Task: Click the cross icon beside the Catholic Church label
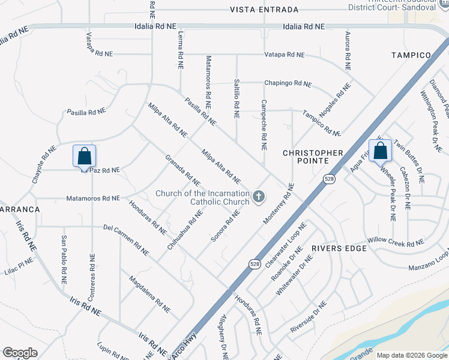click(259, 196)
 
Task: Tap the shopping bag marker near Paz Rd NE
click(85, 156)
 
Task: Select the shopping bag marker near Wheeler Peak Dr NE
click(380, 150)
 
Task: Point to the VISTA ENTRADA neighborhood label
click(264, 10)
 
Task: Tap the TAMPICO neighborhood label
click(411, 55)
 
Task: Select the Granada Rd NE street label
click(183, 170)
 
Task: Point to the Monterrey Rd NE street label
click(278, 205)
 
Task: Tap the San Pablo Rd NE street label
click(63, 259)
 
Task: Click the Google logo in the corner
click(20, 353)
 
